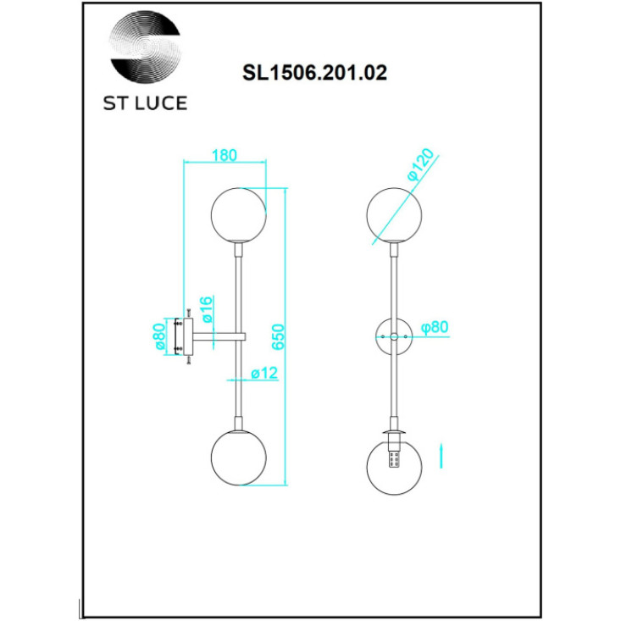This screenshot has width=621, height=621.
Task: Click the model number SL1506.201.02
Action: [314, 73]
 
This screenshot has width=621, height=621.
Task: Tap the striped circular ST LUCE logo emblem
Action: [145, 49]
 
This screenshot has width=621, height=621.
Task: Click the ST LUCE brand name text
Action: [145, 103]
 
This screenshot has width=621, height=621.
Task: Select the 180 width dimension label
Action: [225, 155]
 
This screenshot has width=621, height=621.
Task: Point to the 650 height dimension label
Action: [278, 336]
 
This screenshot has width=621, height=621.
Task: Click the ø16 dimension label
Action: [207, 309]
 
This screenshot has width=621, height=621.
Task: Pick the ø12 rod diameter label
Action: [264, 373]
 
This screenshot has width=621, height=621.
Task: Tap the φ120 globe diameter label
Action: [420, 164]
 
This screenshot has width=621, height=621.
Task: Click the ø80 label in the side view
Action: [159, 336]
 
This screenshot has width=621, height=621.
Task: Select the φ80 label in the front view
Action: [435, 327]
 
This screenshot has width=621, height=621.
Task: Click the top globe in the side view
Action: [238, 214]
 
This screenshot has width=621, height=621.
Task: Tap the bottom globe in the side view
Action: [238, 457]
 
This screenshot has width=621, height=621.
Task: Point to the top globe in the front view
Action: [394, 215]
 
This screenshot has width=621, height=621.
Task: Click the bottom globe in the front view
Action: [394, 467]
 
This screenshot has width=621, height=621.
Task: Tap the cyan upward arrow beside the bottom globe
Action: [441, 457]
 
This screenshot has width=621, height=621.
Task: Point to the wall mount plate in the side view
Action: [188, 336]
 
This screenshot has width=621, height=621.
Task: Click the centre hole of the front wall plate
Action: [394, 336]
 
